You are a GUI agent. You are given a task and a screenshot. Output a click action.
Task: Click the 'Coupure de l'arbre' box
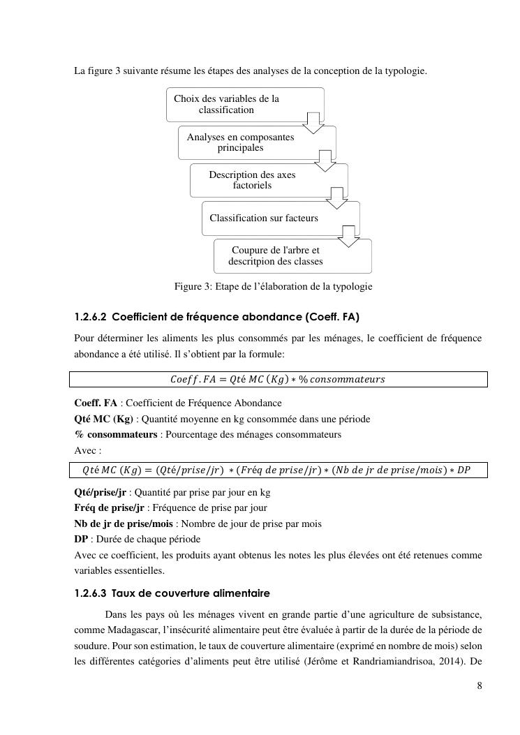[x=275, y=256]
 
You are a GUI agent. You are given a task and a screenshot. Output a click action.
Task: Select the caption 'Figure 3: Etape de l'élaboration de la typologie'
[x=273, y=286]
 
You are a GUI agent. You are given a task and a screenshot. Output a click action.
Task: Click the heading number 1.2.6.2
[x=90, y=317]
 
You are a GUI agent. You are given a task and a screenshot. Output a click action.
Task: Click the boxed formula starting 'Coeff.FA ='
[x=278, y=379]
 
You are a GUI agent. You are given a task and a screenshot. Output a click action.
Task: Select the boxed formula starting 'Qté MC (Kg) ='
[x=278, y=470]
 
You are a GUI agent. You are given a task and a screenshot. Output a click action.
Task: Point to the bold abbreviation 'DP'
[x=81, y=540]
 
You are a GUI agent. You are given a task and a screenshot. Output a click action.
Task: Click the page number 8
[x=479, y=685]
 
